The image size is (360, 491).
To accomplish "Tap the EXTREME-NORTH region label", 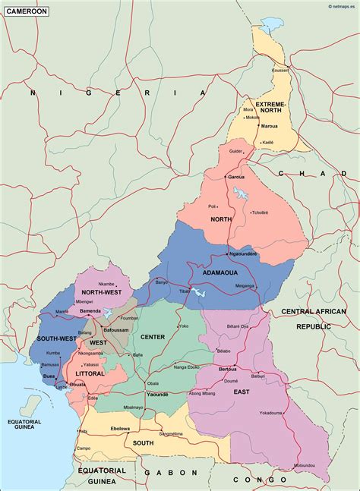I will pos(271,107).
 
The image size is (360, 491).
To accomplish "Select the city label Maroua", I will pos(269,126).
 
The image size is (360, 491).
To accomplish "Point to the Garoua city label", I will pos(236,177).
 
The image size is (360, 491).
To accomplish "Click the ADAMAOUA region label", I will pos(220,271).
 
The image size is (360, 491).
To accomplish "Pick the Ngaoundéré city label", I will pos(243,254).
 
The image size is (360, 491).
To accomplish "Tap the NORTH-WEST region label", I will pos(101,292).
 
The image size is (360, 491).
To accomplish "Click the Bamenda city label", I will pos(90,311).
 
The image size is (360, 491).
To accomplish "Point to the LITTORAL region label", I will pos(90,373).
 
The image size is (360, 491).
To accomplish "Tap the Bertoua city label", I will pos(228,369).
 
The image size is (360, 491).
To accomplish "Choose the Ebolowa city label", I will pos(121,429).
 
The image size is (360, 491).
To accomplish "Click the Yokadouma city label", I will pos(271,413).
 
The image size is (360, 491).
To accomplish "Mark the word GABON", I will pos(162,471).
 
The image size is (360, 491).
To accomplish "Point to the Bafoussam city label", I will pos(116,330).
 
